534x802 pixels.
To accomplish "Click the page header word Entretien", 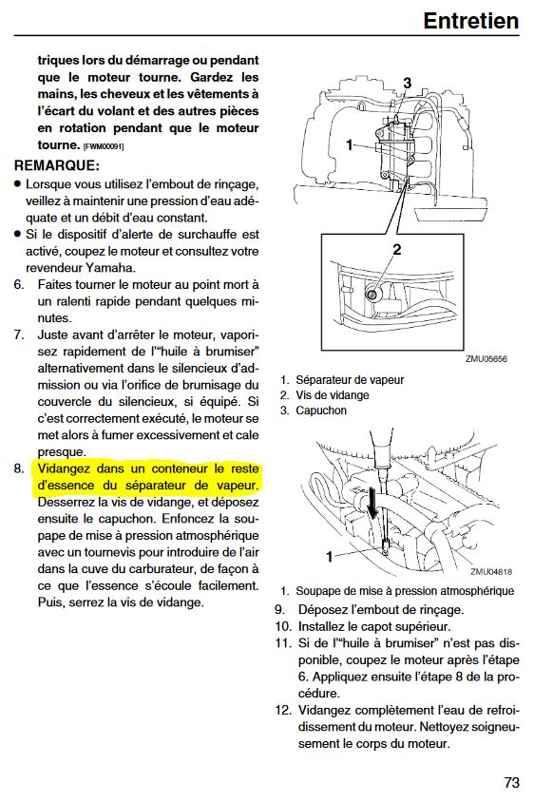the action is pos(471,21).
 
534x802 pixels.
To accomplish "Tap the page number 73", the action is pos(511,782).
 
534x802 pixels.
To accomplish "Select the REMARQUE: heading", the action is pos(57,165).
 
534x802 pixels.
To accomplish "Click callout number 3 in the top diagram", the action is pos(407,83).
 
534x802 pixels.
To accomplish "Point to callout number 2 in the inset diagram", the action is pos(397,250).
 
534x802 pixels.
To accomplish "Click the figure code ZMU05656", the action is pos(486,359).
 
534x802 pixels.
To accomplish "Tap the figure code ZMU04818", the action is pos(491,572).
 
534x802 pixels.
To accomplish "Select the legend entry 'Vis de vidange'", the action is pos(333,395).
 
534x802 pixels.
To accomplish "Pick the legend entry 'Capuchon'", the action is pos(321,411).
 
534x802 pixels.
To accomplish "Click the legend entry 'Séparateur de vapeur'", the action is pos(350,380).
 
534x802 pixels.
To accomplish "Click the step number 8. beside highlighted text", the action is pos(19,468).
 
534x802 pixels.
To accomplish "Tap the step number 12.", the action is pos(283,710).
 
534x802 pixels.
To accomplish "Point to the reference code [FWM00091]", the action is pos(104,146).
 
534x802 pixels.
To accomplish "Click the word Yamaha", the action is pos(110,268).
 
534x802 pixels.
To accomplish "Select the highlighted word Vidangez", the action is pos(65,468).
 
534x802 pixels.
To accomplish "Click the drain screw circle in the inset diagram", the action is pos(372,295).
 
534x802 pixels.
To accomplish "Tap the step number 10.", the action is pos(283,626).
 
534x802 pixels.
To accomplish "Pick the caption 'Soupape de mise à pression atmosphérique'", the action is pos(405,591).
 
